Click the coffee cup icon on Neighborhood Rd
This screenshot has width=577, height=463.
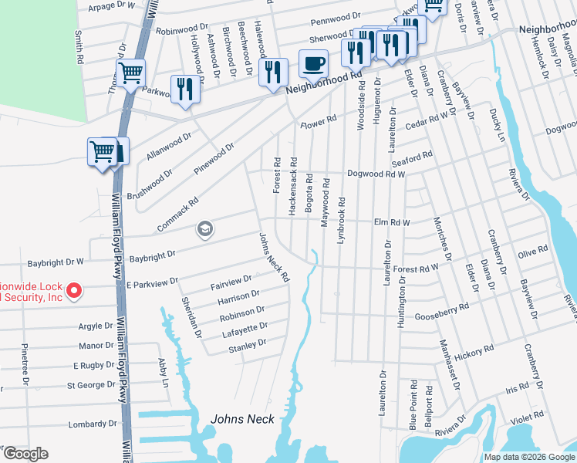point(313,63)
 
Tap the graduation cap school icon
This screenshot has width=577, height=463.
point(204,228)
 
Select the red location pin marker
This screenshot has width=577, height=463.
point(73,291)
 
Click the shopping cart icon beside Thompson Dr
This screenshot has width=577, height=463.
point(131,73)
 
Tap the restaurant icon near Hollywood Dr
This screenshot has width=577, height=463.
point(184,89)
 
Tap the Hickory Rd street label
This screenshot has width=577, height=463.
point(474,355)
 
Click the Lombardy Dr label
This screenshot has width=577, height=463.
point(93,424)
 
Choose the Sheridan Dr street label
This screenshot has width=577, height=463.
point(190,318)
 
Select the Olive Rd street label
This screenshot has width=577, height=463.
point(532,252)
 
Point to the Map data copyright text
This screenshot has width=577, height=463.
point(528,457)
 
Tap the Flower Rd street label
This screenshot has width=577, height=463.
point(319,122)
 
